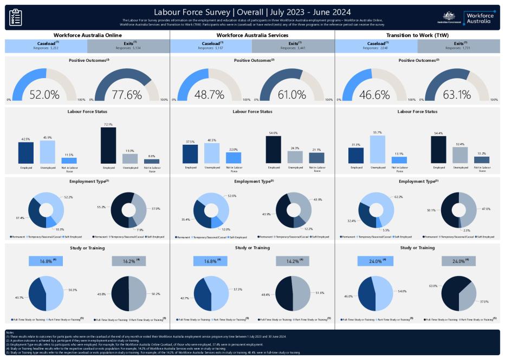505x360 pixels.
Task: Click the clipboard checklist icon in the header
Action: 16,17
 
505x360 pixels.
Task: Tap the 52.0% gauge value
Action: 44,94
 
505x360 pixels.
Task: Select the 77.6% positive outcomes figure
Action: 126,94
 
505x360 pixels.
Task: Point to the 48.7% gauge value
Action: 209,94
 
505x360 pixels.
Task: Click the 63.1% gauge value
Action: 457,94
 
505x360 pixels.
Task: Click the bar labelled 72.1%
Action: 108,145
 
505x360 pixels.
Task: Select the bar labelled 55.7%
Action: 378,149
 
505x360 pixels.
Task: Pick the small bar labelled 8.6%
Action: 152,161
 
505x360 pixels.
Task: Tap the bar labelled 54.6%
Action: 273,150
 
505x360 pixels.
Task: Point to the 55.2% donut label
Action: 101,207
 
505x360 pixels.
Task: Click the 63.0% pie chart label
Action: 433,285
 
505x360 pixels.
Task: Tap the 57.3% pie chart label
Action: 237,290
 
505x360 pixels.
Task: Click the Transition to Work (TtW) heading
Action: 417,35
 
